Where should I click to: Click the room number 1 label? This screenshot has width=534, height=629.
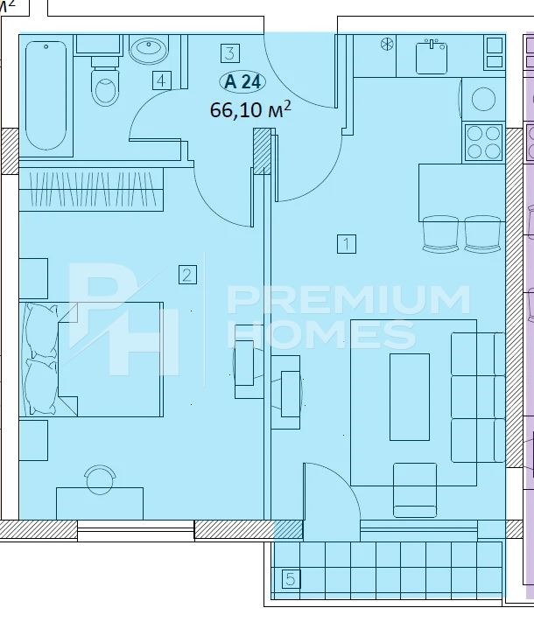click(347, 244)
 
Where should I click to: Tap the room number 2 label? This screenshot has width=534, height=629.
click(187, 276)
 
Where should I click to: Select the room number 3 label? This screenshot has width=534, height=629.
click(230, 53)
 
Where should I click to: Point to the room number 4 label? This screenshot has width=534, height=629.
click(161, 80)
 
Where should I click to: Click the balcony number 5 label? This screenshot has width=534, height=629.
click(291, 579)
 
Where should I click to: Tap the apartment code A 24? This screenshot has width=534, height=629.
click(242, 82)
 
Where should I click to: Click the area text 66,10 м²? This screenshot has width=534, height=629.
click(250, 109)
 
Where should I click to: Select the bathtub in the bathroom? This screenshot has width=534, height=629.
click(46, 95)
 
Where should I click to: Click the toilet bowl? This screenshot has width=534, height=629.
click(105, 83)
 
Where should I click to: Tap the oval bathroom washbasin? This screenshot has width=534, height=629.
click(149, 49)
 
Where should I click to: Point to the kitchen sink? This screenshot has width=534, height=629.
click(432, 57)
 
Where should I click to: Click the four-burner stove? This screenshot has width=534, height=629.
click(484, 143)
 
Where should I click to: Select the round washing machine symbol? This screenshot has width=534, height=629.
click(483, 99)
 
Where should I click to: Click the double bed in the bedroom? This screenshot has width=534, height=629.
click(92, 360)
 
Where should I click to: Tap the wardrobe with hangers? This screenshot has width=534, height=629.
click(92, 189)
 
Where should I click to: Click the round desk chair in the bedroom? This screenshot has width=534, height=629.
click(101, 479)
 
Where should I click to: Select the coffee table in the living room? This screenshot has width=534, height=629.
click(410, 397)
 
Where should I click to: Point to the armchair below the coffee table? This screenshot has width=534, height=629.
click(415, 490)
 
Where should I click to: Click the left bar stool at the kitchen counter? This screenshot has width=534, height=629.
click(440, 234)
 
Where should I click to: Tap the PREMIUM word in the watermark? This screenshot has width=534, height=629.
click(348, 300)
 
